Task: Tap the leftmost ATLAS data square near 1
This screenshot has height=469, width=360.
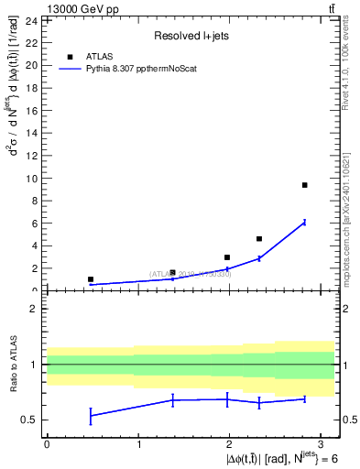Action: pos(91,279)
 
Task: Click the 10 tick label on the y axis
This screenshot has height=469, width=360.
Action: pos(31,179)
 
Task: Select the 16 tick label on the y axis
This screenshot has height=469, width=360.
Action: pos(31,111)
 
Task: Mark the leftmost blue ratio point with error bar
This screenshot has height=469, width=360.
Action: pos(91,416)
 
